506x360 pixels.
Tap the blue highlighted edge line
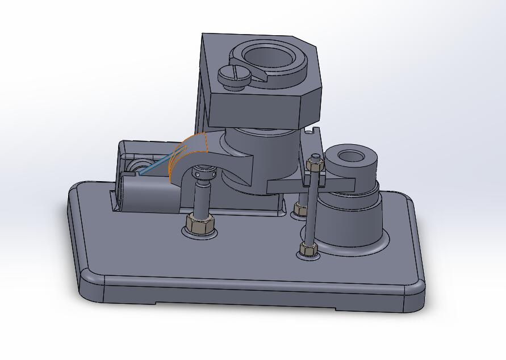tap(156, 167)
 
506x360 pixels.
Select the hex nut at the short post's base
tap(200, 225)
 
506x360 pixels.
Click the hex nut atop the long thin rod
tap(314, 164)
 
